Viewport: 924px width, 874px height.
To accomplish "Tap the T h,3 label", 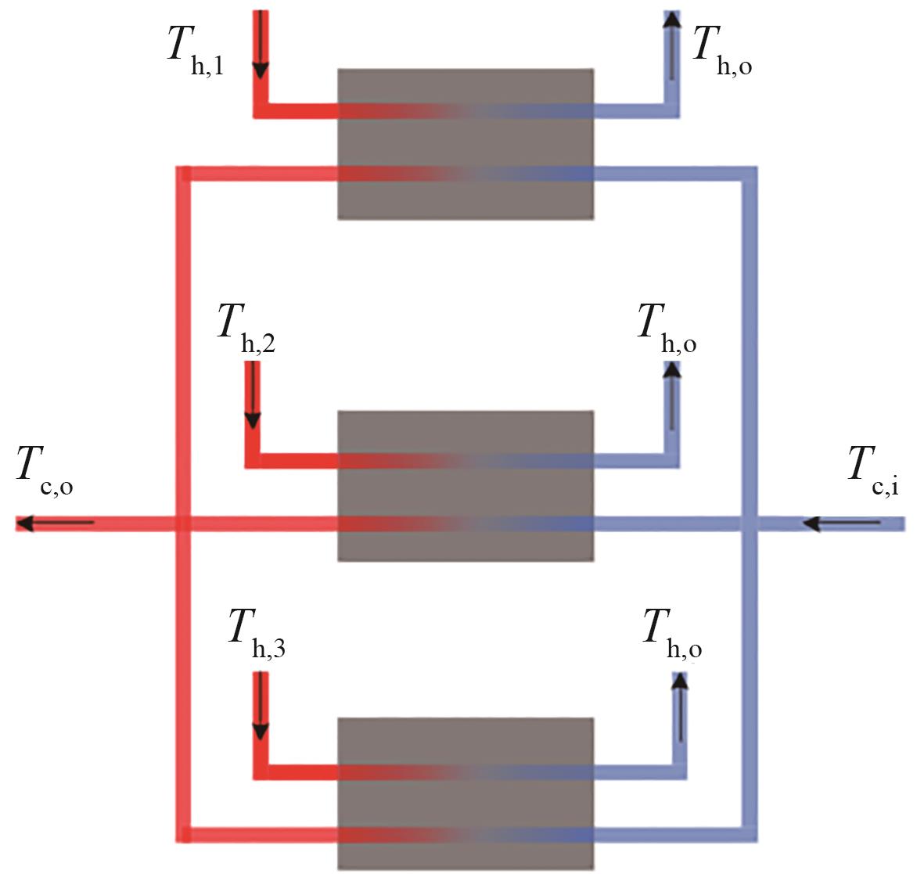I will pyautogui.click(x=255, y=632).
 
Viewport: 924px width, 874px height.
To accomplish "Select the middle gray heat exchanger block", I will pyautogui.click(x=465, y=485).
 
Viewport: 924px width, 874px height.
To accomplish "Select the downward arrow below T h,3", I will pyautogui.click(x=261, y=707).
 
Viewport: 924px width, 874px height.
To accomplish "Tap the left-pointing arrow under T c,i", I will pyautogui.click(x=842, y=523).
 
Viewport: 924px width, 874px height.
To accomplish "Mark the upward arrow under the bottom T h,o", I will pyautogui.click(x=680, y=707).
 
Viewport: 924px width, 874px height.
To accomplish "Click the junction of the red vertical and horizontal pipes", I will pyautogui.click(x=182, y=523).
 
